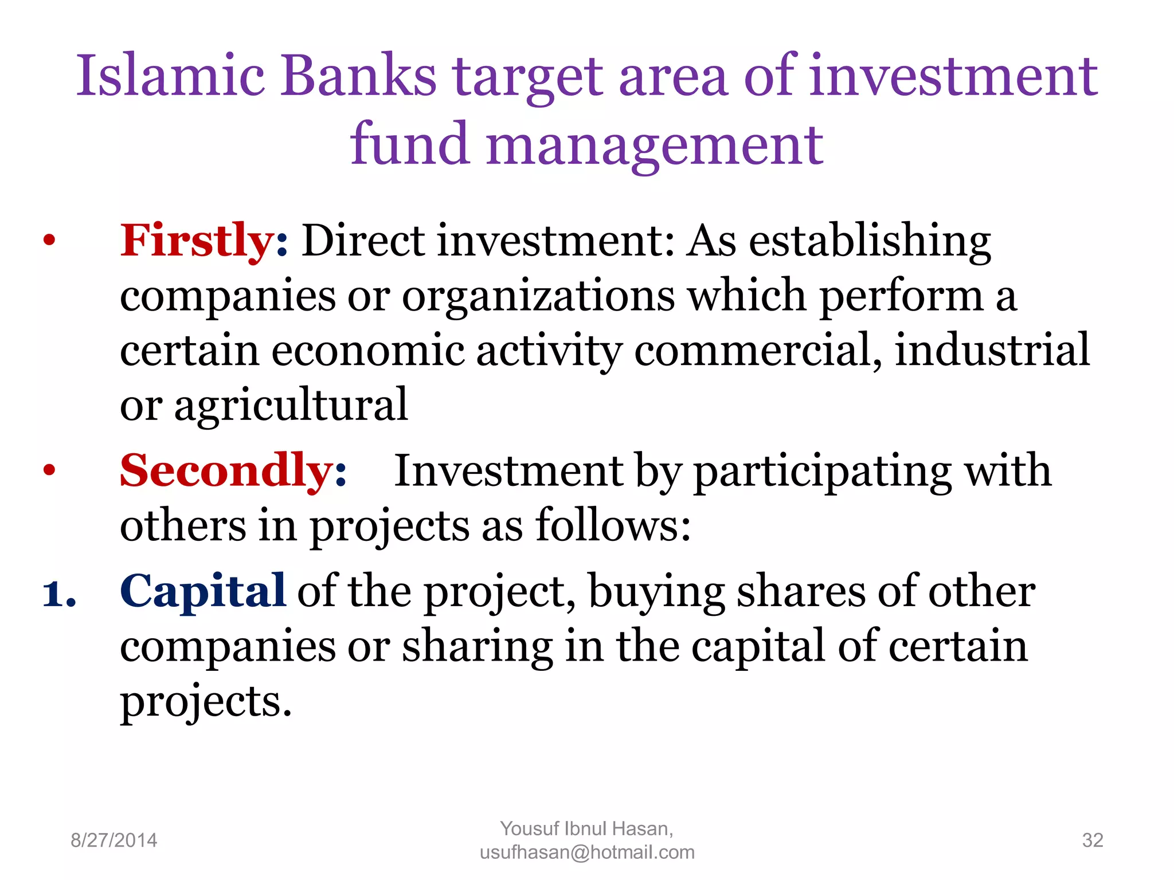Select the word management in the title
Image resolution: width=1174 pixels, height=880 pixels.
[x=655, y=146]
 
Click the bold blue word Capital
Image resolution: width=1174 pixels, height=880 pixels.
[x=202, y=591]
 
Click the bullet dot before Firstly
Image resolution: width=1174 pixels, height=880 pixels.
[x=49, y=241]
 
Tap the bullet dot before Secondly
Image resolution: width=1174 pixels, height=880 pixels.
[x=49, y=471]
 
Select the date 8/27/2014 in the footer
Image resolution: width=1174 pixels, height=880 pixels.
[x=114, y=840]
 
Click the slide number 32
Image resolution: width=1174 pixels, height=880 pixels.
[x=1092, y=840]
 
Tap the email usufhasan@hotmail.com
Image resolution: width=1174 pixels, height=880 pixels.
[x=587, y=853]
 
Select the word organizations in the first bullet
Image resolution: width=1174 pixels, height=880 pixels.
[x=538, y=296]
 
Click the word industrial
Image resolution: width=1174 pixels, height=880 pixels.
[x=992, y=349]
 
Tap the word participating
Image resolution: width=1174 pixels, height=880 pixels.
[x=822, y=471]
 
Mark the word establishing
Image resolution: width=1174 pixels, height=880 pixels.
[x=870, y=241]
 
